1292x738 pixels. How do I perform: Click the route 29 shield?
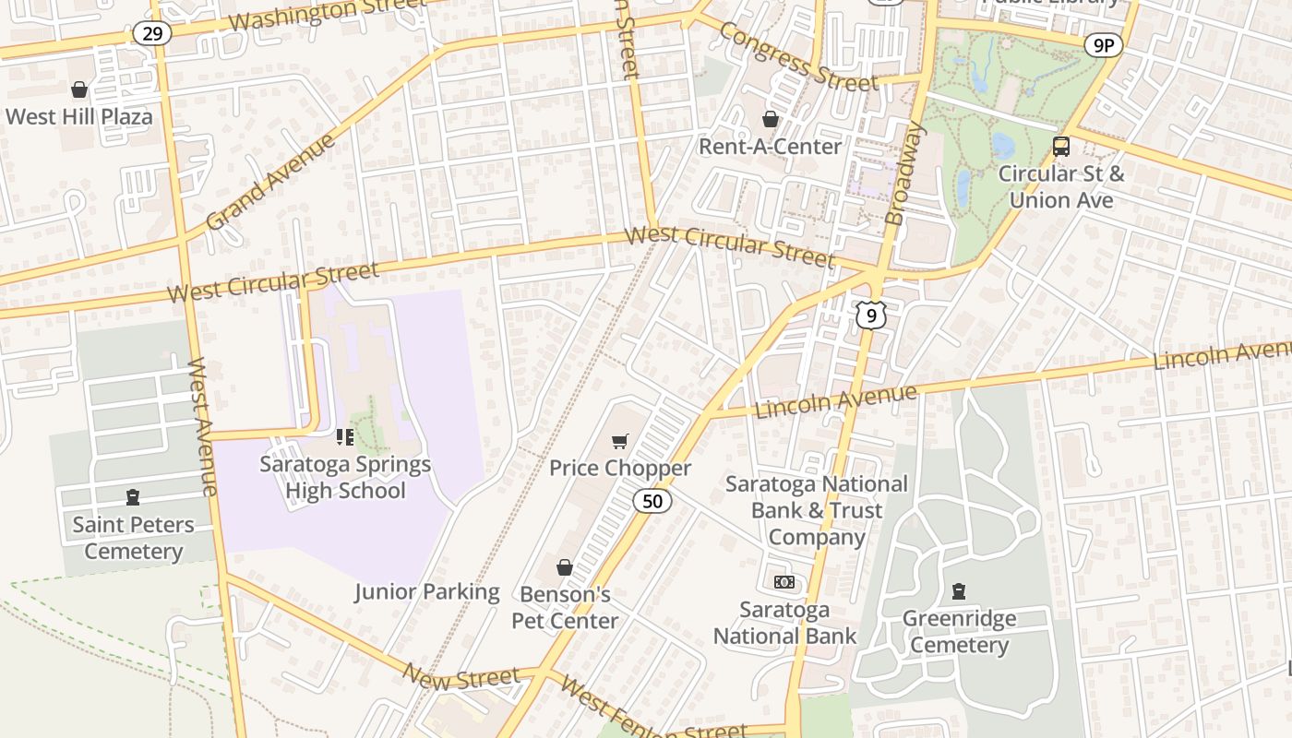[x=151, y=34]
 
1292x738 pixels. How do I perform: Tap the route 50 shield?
[x=652, y=501]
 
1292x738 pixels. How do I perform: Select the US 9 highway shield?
[x=870, y=315]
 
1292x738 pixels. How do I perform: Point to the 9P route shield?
[x=1103, y=44]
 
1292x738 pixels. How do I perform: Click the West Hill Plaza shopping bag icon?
[x=79, y=89]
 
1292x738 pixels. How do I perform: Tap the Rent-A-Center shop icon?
[x=770, y=119]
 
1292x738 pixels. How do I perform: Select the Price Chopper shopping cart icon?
[x=620, y=442]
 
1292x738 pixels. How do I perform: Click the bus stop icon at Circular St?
[x=1061, y=146]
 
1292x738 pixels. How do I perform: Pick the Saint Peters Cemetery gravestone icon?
[x=133, y=497]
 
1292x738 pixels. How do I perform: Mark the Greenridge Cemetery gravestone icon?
[x=959, y=591]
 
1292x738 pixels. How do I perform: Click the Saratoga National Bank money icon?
[x=784, y=582]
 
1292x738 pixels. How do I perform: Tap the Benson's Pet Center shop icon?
[x=565, y=567]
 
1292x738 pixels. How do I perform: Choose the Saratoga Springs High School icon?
[x=345, y=436]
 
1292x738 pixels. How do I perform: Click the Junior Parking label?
[x=427, y=592]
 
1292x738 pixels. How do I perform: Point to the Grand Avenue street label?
[x=269, y=182]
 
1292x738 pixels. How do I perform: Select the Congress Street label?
[x=797, y=56]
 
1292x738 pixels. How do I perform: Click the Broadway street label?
[x=904, y=175]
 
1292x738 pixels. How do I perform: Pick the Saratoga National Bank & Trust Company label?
[x=816, y=510]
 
